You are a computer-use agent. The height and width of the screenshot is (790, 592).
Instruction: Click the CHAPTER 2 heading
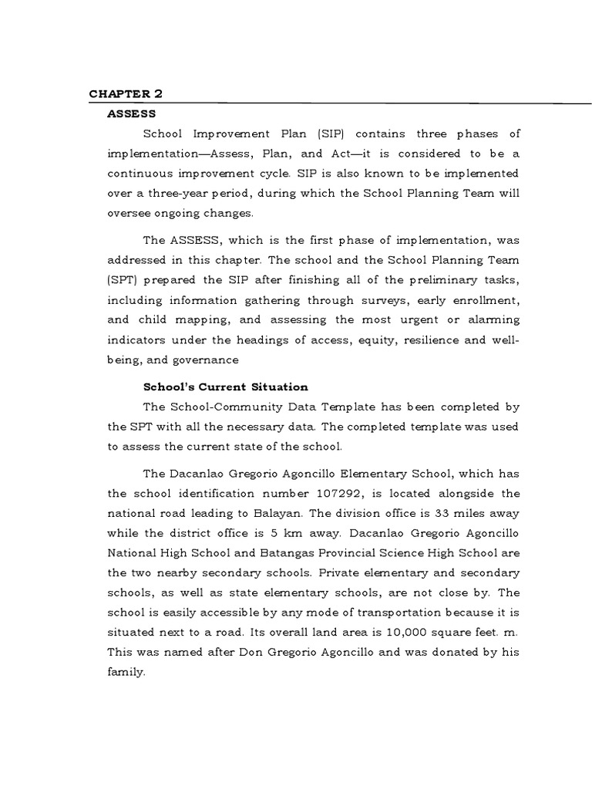(x=126, y=94)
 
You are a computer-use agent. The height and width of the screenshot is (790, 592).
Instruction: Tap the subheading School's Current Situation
(x=225, y=387)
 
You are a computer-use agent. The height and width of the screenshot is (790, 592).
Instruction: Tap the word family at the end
(x=126, y=672)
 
